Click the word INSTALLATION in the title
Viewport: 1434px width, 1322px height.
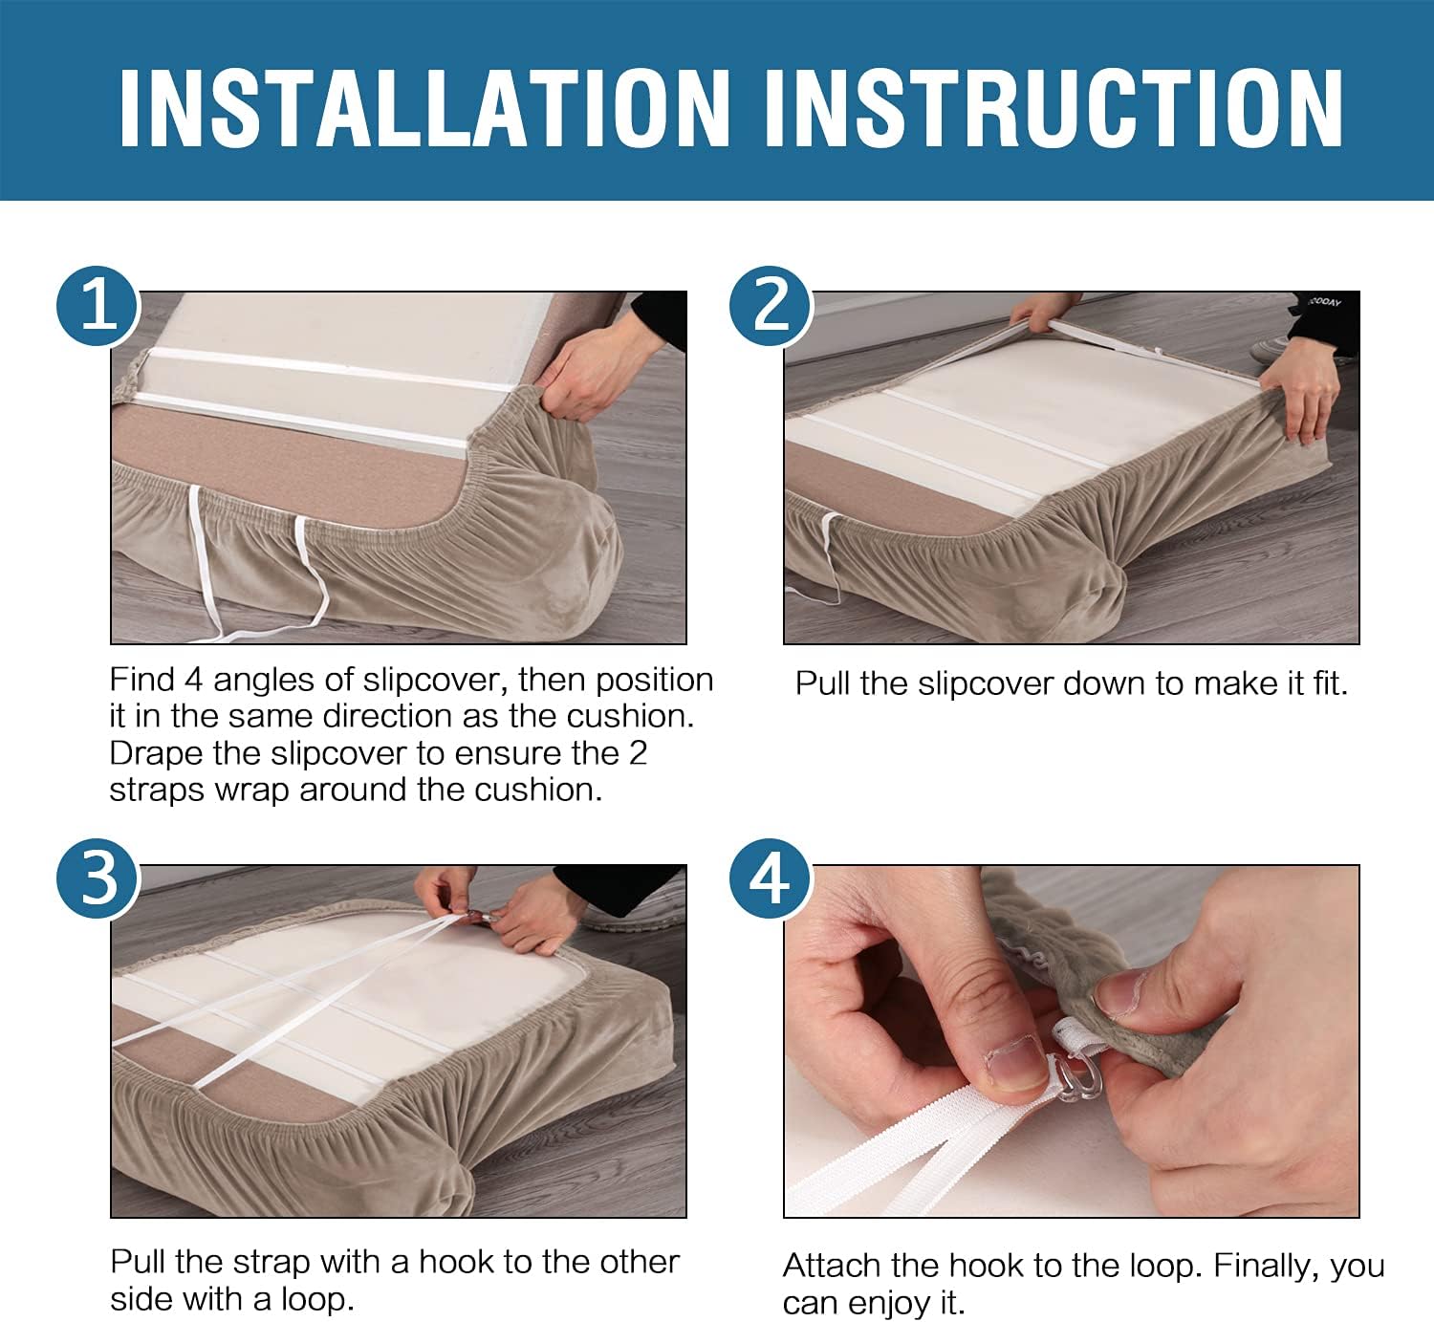[x=424, y=109]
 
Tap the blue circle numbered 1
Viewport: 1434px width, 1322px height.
[x=98, y=306]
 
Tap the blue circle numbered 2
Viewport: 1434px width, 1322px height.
[x=771, y=306]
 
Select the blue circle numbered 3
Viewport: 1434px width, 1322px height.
[x=98, y=878]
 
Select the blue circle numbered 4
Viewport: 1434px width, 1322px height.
[x=771, y=878]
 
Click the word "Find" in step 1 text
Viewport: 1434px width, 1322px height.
[x=143, y=680]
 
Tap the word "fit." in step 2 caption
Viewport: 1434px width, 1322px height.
[x=1330, y=683]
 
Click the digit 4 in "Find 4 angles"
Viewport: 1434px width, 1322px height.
[x=193, y=680]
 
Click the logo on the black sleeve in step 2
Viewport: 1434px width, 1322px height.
[x=1323, y=302]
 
